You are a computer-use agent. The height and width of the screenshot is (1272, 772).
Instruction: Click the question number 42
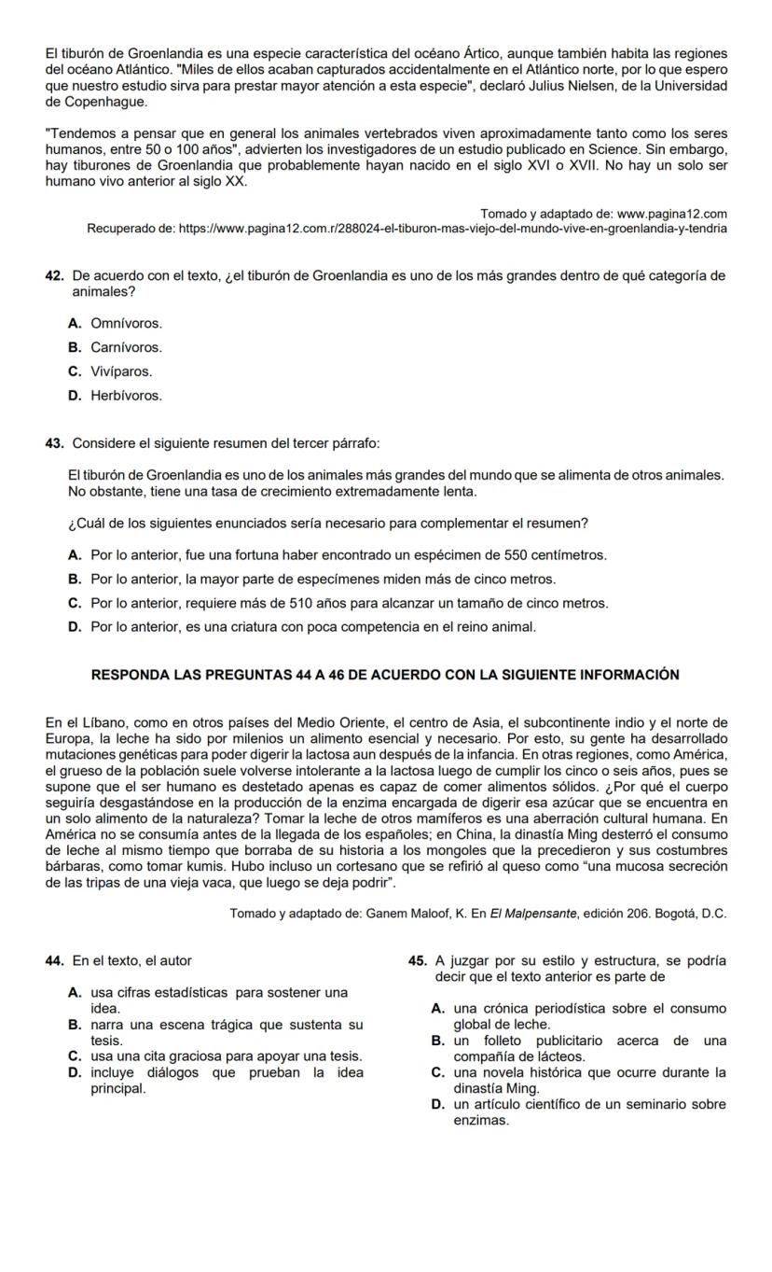pos(53,276)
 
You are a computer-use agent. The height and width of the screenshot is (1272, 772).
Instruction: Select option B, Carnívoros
pos(126,347)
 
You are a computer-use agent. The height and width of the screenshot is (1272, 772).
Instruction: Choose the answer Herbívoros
pos(126,396)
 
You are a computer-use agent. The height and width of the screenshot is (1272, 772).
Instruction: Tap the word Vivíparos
pos(121,371)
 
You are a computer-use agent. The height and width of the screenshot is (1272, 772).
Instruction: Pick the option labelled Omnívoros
pos(126,324)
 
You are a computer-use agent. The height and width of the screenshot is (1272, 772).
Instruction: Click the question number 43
pos(53,441)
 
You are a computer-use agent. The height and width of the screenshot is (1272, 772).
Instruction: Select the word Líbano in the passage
pos(107,721)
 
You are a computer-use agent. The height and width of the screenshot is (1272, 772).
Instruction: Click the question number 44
pos(53,960)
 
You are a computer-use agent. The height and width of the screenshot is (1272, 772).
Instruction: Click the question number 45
pos(417,960)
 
